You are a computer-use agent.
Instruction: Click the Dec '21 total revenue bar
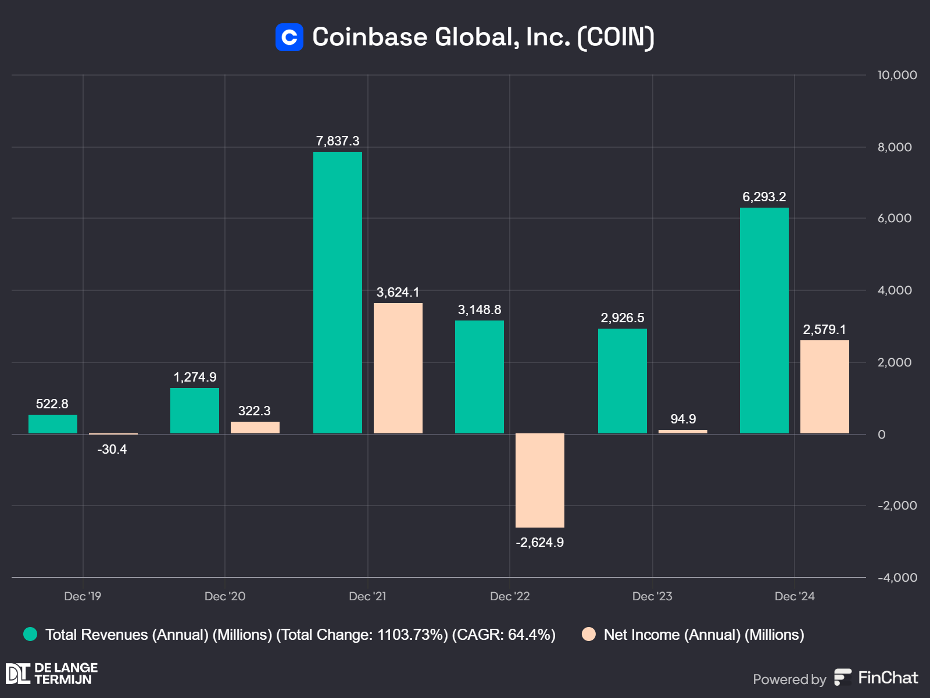pyautogui.click(x=337, y=293)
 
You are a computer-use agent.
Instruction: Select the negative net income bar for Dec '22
pyautogui.click(x=539, y=480)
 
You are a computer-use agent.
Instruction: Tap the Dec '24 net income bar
pyautogui.click(x=824, y=387)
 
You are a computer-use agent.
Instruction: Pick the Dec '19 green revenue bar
pyautogui.click(x=53, y=424)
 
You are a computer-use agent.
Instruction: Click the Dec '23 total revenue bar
pyautogui.click(x=622, y=381)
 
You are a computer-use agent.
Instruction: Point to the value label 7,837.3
pyautogui.click(x=337, y=141)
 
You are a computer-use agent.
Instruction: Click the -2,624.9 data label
pyautogui.click(x=539, y=543)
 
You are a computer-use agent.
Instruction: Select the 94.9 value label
pyautogui.click(x=683, y=419)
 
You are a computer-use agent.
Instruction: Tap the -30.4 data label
pyautogui.click(x=112, y=450)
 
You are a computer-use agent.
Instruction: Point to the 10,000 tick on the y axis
pyautogui.click(x=897, y=75)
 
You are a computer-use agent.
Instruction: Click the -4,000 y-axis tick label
pyautogui.click(x=897, y=578)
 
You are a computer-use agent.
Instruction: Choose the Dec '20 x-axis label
pyautogui.click(x=225, y=596)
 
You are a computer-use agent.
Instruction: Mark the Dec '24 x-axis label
pyautogui.click(x=795, y=596)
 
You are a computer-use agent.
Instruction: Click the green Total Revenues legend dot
pyautogui.click(x=30, y=635)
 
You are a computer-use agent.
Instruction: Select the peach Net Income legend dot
pyautogui.click(x=589, y=635)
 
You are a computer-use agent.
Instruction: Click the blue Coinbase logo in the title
pyautogui.click(x=289, y=37)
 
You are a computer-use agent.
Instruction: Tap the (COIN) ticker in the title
pyautogui.click(x=616, y=37)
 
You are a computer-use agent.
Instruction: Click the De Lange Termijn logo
pyautogui.click(x=52, y=674)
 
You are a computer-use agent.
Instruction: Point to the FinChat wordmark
pyautogui.click(x=888, y=678)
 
